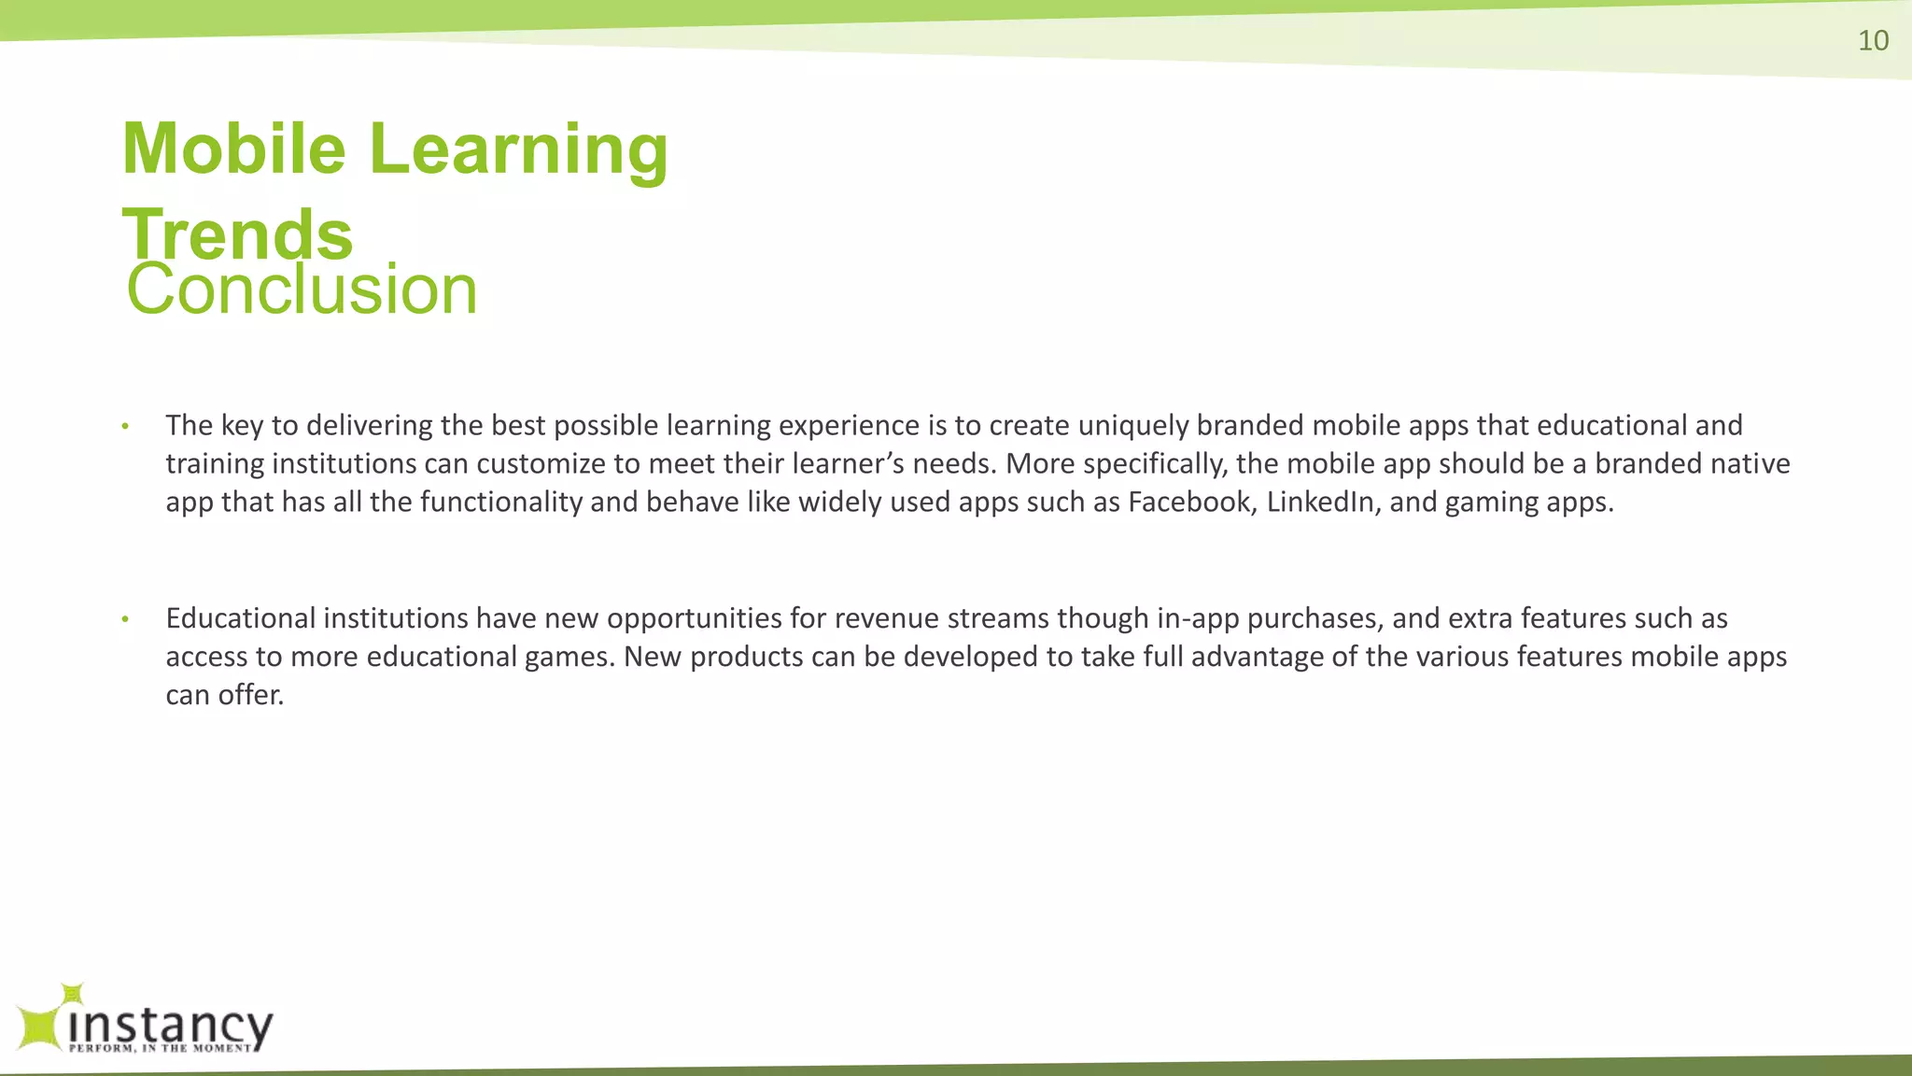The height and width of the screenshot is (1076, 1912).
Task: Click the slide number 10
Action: tap(1873, 41)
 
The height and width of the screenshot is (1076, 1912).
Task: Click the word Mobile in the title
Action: tap(233, 149)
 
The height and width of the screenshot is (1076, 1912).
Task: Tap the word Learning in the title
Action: tap(519, 150)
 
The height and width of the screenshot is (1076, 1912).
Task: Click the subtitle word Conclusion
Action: tap(302, 290)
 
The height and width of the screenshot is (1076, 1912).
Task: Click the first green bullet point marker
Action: tap(125, 427)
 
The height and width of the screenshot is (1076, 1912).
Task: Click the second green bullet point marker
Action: tap(125, 619)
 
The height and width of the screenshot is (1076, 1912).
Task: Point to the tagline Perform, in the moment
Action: tap(161, 1048)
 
